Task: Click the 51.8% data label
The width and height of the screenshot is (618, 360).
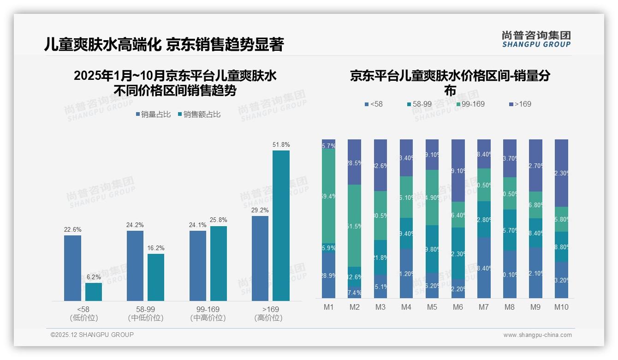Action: (281, 145)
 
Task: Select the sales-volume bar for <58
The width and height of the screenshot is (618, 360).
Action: (72, 268)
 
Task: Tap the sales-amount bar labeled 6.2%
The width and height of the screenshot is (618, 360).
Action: (94, 292)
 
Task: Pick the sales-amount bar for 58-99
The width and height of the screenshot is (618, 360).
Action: (156, 277)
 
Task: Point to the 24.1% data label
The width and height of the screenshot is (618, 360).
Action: (197, 225)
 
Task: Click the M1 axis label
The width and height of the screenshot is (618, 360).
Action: (328, 307)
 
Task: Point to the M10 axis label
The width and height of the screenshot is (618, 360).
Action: (561, 307)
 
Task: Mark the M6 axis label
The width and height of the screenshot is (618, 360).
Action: (458, 307)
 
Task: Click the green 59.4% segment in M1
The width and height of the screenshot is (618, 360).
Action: (328, 196)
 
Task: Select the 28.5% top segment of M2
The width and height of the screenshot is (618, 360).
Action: (354, 162)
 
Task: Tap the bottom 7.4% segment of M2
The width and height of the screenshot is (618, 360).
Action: (354, 293)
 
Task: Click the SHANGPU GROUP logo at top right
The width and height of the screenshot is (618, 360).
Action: (536, 39)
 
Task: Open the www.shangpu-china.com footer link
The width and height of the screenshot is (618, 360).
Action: (537, 335)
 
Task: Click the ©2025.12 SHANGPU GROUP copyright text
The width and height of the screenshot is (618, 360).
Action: (92, 335)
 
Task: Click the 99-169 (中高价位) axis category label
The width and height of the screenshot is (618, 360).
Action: (208, 313)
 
